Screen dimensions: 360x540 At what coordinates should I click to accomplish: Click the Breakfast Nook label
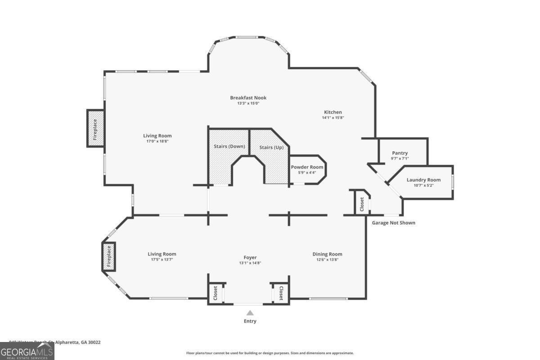pos(248,98)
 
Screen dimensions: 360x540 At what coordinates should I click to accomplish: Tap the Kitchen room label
pos(333,112)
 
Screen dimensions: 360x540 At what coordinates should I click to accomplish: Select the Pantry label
pos(400,153)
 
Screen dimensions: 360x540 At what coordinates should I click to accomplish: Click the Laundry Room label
pos(423,180)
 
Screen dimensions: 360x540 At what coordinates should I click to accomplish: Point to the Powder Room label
pos(307,167)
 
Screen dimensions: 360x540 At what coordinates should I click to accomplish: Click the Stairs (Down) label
pos(229,146)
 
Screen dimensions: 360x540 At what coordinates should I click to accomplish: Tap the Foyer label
pos(250,257)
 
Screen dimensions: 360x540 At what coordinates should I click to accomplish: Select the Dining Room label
pos(327,254)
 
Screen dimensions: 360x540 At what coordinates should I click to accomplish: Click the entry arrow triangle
pos(250,313)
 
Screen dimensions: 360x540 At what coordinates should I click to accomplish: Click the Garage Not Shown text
pos(393,223)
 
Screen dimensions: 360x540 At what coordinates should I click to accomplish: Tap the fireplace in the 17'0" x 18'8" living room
pos(95,128)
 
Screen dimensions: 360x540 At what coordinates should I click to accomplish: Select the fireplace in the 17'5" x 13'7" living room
pos(108,256)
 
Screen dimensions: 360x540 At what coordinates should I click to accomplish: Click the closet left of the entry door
pos(215,293)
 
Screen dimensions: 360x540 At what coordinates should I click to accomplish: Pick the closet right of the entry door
pos(281,293)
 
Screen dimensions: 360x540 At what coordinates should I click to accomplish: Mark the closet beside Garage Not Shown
pos(362,204)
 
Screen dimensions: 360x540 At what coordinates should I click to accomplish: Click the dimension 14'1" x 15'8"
pos(333,118)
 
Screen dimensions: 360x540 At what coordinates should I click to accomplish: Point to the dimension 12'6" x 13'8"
pos(327,260)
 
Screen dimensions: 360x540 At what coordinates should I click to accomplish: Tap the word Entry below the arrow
pos(250,321)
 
